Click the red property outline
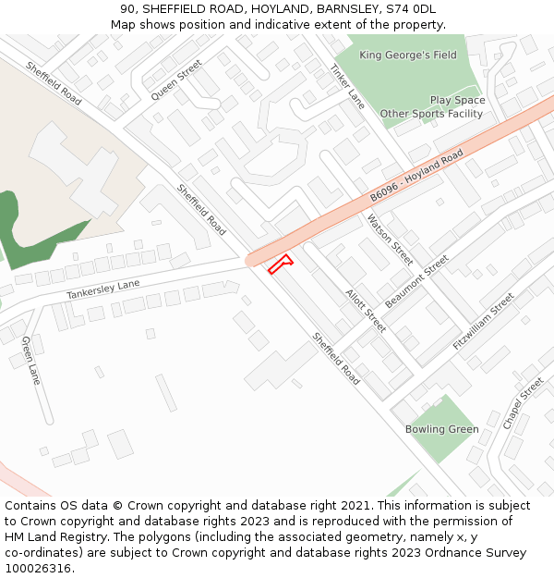(279, 264)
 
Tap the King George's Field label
(408, 55)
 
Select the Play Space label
(457, 100)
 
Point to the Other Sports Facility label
(431, 114)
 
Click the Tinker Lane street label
(347, 86)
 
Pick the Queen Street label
(175, 80)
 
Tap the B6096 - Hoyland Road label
(416, 177)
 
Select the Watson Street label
(390, 238)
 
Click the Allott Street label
(366, 311)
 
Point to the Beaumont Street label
(416, 281)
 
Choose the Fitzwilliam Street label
(483, 322)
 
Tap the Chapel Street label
(523, 402)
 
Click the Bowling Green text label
(441, 429)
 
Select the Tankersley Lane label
(103, 289)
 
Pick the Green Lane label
(31, 361)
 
